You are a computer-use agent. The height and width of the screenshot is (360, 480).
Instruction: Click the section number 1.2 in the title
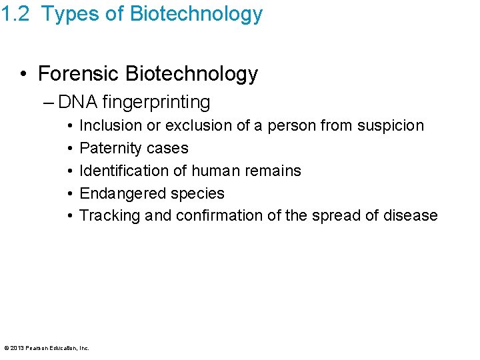tap(15, 14)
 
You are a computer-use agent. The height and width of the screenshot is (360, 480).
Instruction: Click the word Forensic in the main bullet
tap(78, 73)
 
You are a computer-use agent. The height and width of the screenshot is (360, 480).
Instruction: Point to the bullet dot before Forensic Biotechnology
tap(24, 74)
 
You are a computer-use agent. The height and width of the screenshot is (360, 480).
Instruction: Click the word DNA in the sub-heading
tap(77, 102)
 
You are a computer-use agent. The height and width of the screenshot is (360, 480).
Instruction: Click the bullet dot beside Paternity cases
tap(69, 148)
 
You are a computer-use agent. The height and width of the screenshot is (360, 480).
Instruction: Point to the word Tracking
tap(107, 216)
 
